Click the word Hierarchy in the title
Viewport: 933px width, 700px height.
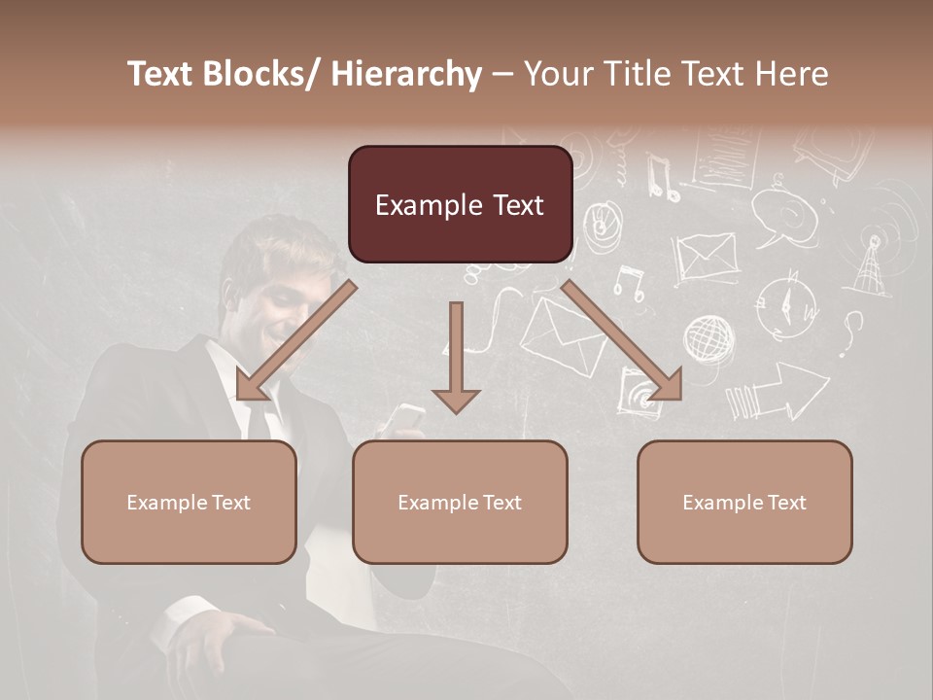[406, 75]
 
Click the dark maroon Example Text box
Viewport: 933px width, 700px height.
[460, 205]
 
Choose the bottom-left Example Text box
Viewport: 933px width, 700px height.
[189, 502]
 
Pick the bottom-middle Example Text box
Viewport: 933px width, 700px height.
[460, 502]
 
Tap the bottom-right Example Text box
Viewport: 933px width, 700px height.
[744, 502]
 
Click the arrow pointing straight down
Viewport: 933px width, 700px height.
[456, 360]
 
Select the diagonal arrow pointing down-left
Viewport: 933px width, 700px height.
[292, 340]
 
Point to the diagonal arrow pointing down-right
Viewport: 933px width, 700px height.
[622, 340]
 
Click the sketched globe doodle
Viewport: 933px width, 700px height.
[708, 339]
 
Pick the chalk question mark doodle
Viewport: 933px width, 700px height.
[852, 332]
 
